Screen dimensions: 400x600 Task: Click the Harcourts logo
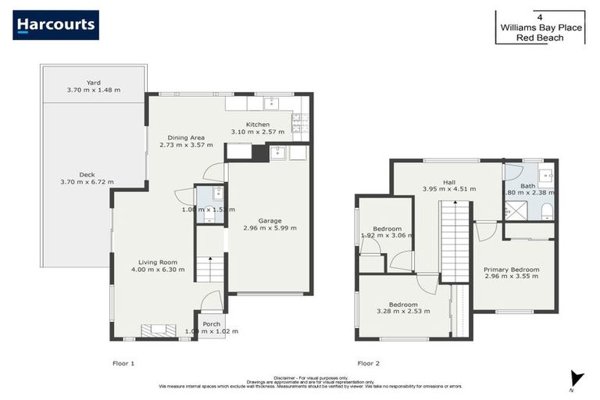pos(55,25)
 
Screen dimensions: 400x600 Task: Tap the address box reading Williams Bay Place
pos(540,27)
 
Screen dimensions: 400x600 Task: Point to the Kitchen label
pos(258,124)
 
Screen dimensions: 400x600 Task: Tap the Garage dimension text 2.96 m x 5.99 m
pos(270,228)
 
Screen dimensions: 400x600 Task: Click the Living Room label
pos(158,262)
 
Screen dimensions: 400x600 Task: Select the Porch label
pos(211,323)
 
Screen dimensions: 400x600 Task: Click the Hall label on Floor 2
pos(449,182)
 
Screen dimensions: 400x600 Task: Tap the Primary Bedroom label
pos(511,270)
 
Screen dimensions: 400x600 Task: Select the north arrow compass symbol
pos(576,378)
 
